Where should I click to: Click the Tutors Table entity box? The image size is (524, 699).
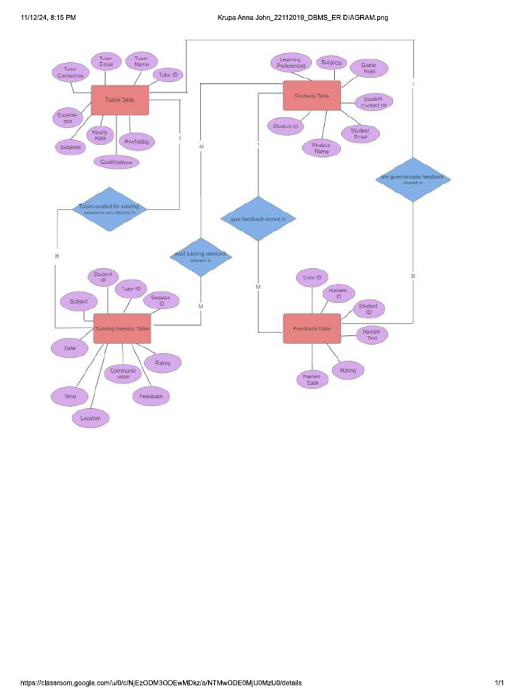pyautogui.click(x=119, y=100)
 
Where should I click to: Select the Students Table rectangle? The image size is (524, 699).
pyautogui.click(x=312, y=96)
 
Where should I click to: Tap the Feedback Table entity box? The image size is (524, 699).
pyautogui.click(x=312, y=328)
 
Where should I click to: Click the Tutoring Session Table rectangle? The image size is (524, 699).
pyautogui.click(x=121, y=328)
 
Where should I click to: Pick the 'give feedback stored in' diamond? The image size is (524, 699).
pyautogui.click(x=258, y=219)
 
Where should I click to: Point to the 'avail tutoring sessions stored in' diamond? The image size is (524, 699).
pyautogui.click(x=201, y=257)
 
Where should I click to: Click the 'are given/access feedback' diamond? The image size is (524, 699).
pyautogui.click(x=413, y=180)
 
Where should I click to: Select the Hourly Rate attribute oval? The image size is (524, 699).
pyautogui.click(x=100, y=135)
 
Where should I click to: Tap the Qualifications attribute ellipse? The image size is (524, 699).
pyautogui.click(x=117, y=162)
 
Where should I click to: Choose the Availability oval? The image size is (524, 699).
pyautogui.click(x=137, y=142)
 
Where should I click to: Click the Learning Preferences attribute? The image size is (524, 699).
pyautogui.click(x=291, y=63)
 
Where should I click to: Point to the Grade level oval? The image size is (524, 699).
pyautogui.click(x=369, y=68)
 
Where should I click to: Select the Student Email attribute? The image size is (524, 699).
pyautogui.click(x=360, y=134)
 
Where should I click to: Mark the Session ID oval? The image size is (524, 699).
pyautogui.click(x=161, y=301)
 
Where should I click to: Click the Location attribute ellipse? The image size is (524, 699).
pyautogui.click(x=91, y=418)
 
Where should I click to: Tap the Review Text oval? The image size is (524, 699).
pyautogui.click(x=372, y=334)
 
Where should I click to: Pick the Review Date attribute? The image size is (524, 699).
pyautogui.click(x=312, y=380)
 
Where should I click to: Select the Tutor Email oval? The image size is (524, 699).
pyautogui.click(x=106, y=62)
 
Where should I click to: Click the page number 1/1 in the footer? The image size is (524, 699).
pyautogui.click(x=499, y=683)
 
